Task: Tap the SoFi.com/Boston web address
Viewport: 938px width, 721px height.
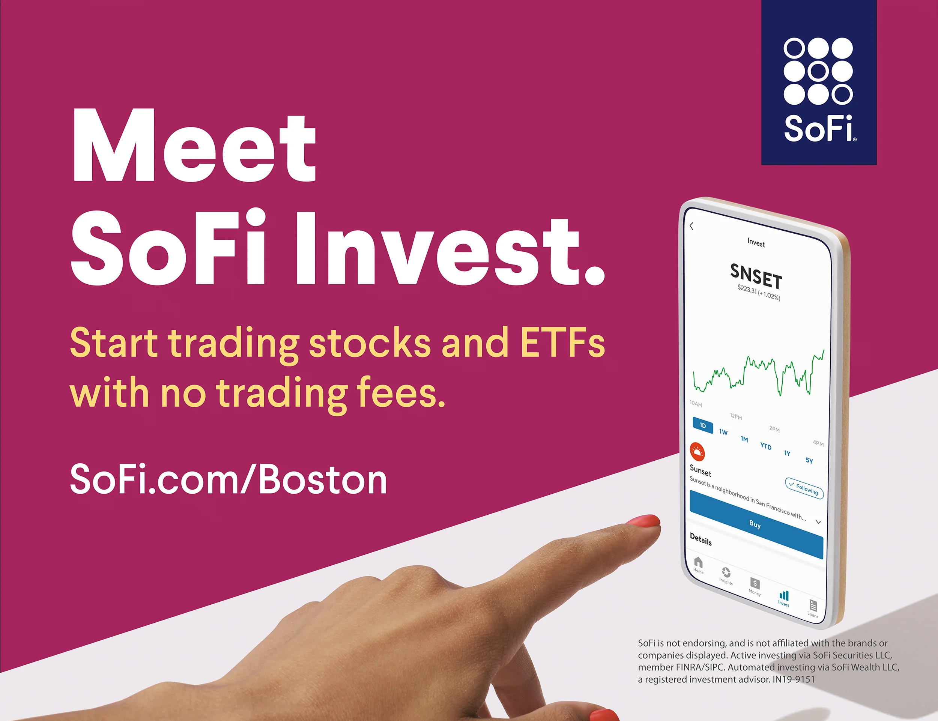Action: click(x=228, y=479)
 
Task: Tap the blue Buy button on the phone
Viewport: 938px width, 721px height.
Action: click(x=755, y=524)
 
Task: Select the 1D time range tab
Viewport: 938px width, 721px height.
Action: click(x=703, y=425)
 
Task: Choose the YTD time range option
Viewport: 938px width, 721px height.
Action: click(x=766, y=446)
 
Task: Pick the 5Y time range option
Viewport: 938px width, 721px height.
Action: click(x=809, y=461)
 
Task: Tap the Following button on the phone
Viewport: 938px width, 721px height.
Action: click(x=804, y=488)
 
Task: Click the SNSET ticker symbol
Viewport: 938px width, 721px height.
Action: click(x=756, y=277)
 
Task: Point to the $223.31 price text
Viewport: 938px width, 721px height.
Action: click(x=747, y=289)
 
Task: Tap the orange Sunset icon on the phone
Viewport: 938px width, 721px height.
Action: click(x=697, y=452)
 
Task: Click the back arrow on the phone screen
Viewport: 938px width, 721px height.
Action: click(x=691, y=226)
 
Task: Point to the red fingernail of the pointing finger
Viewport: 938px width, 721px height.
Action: click(x=643, y=521)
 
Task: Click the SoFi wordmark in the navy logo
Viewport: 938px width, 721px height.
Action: click(x=819, y=128)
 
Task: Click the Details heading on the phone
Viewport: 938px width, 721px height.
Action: click(x=700, y=539)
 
